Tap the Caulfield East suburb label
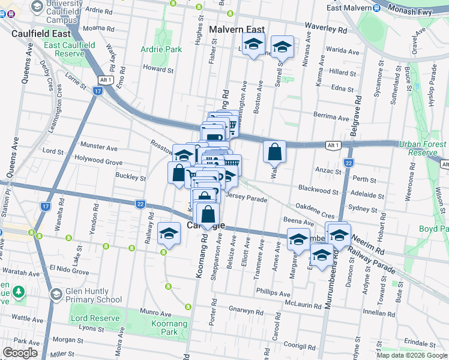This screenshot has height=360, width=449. (41, 34)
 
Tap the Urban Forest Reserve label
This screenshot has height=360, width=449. (427, 148)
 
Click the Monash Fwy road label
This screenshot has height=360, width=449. (424, 10)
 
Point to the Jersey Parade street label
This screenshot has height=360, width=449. (246, 199)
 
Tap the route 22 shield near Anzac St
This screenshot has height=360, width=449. (348, 163)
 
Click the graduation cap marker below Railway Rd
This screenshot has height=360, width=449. (169, 233)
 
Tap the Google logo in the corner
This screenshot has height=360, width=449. (20, 353)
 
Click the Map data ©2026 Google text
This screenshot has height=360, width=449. (411, 355)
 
